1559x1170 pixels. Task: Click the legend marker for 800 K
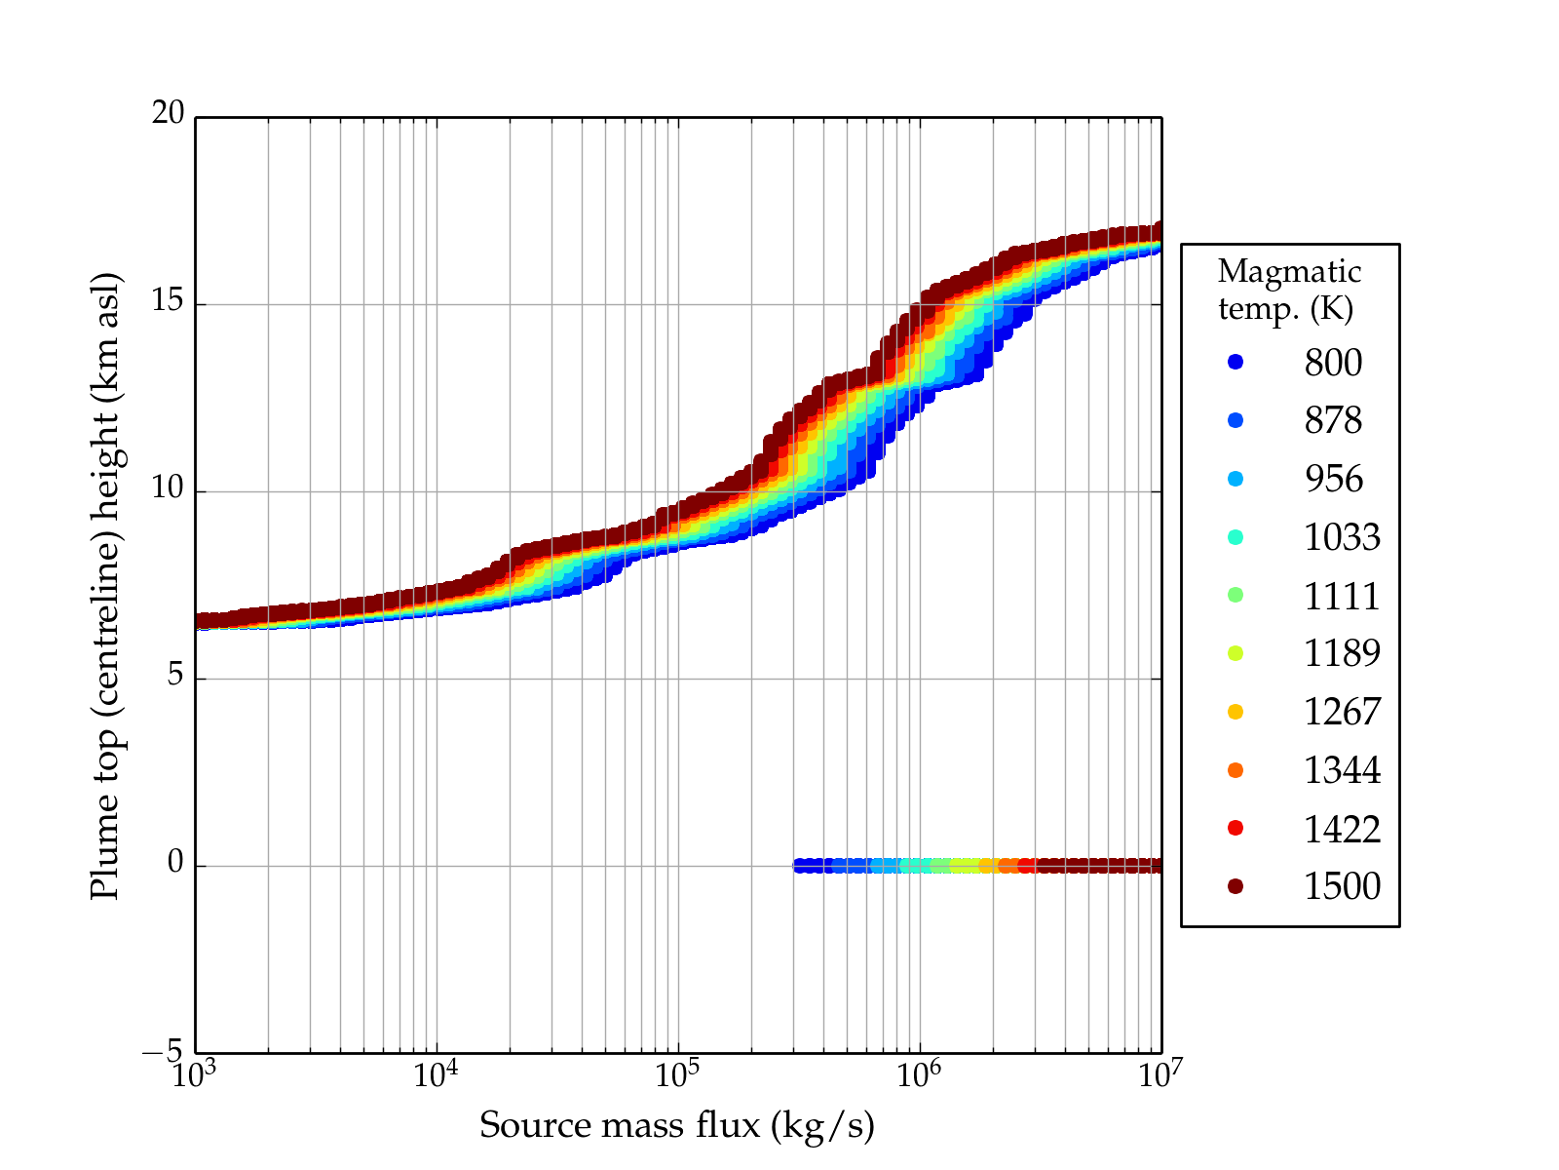point(1236,362)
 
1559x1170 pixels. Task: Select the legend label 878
point(1333,420)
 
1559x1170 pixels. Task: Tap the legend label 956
point(1333,479)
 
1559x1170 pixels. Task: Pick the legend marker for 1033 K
point(1236,537)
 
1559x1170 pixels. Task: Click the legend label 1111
point(1342,596)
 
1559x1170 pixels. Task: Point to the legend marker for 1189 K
point(1236,653)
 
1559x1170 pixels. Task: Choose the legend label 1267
point(1342,712)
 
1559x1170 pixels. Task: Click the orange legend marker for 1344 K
point(1236,770)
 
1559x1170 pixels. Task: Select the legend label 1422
point(1342,829)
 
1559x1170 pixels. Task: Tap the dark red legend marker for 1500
point(1236,885)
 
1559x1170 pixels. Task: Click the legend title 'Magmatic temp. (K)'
point(1289,290)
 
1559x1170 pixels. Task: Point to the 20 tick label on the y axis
point(168,114)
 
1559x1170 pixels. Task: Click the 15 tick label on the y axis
point(168,301)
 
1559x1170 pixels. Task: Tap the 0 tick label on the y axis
point(175,863)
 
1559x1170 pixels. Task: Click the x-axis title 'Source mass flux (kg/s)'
point(677,1126)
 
